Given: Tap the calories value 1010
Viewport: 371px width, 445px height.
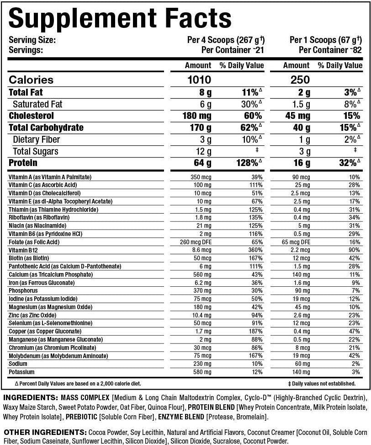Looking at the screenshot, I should [199, 80].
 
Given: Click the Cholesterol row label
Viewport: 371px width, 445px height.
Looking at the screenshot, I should [31, 116].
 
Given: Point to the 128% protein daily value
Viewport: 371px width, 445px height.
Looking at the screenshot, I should [248, 163].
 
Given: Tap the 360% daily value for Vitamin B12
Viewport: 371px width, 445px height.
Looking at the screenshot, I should [256, 250].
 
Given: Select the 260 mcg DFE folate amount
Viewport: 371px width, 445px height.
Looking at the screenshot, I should [201, 242].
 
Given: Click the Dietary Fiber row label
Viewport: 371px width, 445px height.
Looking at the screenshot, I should [36, 139].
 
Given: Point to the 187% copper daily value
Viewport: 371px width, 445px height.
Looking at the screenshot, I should [256, 331].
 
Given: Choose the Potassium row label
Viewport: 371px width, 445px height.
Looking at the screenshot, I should [21, 372].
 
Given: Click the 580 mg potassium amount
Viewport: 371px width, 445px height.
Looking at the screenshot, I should [201, 372].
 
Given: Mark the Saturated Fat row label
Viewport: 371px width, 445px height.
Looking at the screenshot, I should [37, 104].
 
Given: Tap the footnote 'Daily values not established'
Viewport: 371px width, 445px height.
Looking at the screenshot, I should [322, 384].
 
